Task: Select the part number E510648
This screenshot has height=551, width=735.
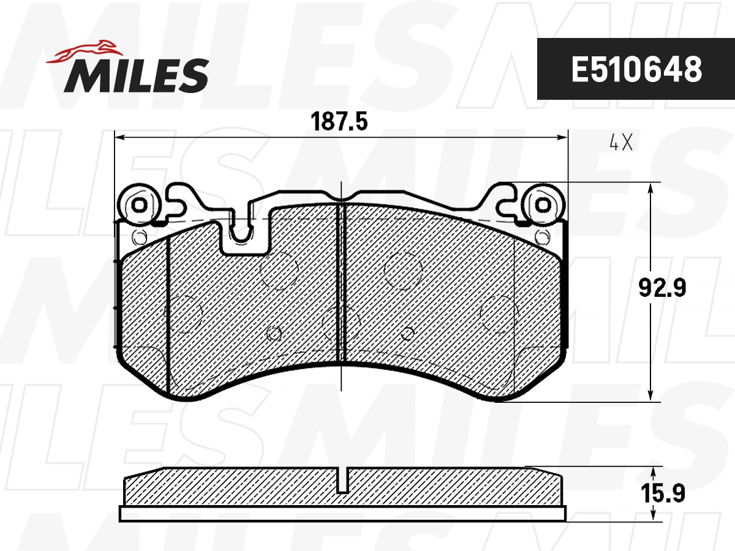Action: [x=636, y=69]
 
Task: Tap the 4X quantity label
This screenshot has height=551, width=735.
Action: [x=620, y=143]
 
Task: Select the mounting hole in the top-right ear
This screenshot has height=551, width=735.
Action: [x=542, y=204]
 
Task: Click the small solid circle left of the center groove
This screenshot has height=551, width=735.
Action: [x=274, y=333]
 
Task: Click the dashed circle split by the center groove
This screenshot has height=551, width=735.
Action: [x=341, y=324]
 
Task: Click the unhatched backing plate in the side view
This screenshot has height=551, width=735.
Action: [x=343, y=514]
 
